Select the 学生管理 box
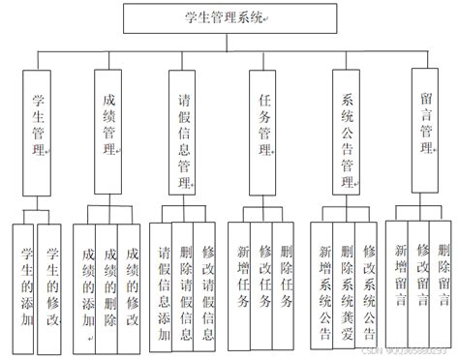tap(37, 126)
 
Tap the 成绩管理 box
tap(109, 126)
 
